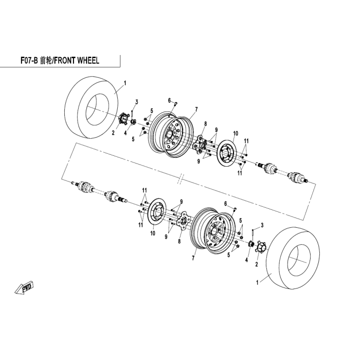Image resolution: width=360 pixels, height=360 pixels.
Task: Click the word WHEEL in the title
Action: tap(88, 61)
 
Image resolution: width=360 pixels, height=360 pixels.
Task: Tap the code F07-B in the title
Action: tap(29, 61)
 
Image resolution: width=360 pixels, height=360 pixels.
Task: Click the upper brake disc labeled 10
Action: tap(227, 152)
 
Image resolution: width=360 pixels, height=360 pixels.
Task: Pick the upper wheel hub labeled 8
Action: tap(200, 144)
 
